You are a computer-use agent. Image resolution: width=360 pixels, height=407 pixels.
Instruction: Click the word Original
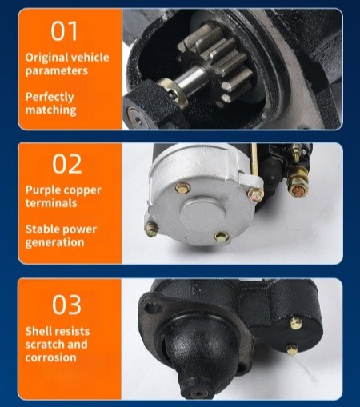(46, 58)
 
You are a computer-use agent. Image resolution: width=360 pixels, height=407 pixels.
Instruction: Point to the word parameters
(56, 70)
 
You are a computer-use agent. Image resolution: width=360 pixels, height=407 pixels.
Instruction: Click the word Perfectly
(50, 97)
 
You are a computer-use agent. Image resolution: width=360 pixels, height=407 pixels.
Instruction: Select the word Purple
(42, 190)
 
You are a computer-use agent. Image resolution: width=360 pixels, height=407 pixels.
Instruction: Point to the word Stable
(42, 229)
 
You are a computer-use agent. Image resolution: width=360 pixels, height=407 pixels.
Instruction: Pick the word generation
(54, 242)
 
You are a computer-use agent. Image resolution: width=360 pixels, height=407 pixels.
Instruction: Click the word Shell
(38, 331)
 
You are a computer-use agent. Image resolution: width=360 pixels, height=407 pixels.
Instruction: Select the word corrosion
(50, 357)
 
